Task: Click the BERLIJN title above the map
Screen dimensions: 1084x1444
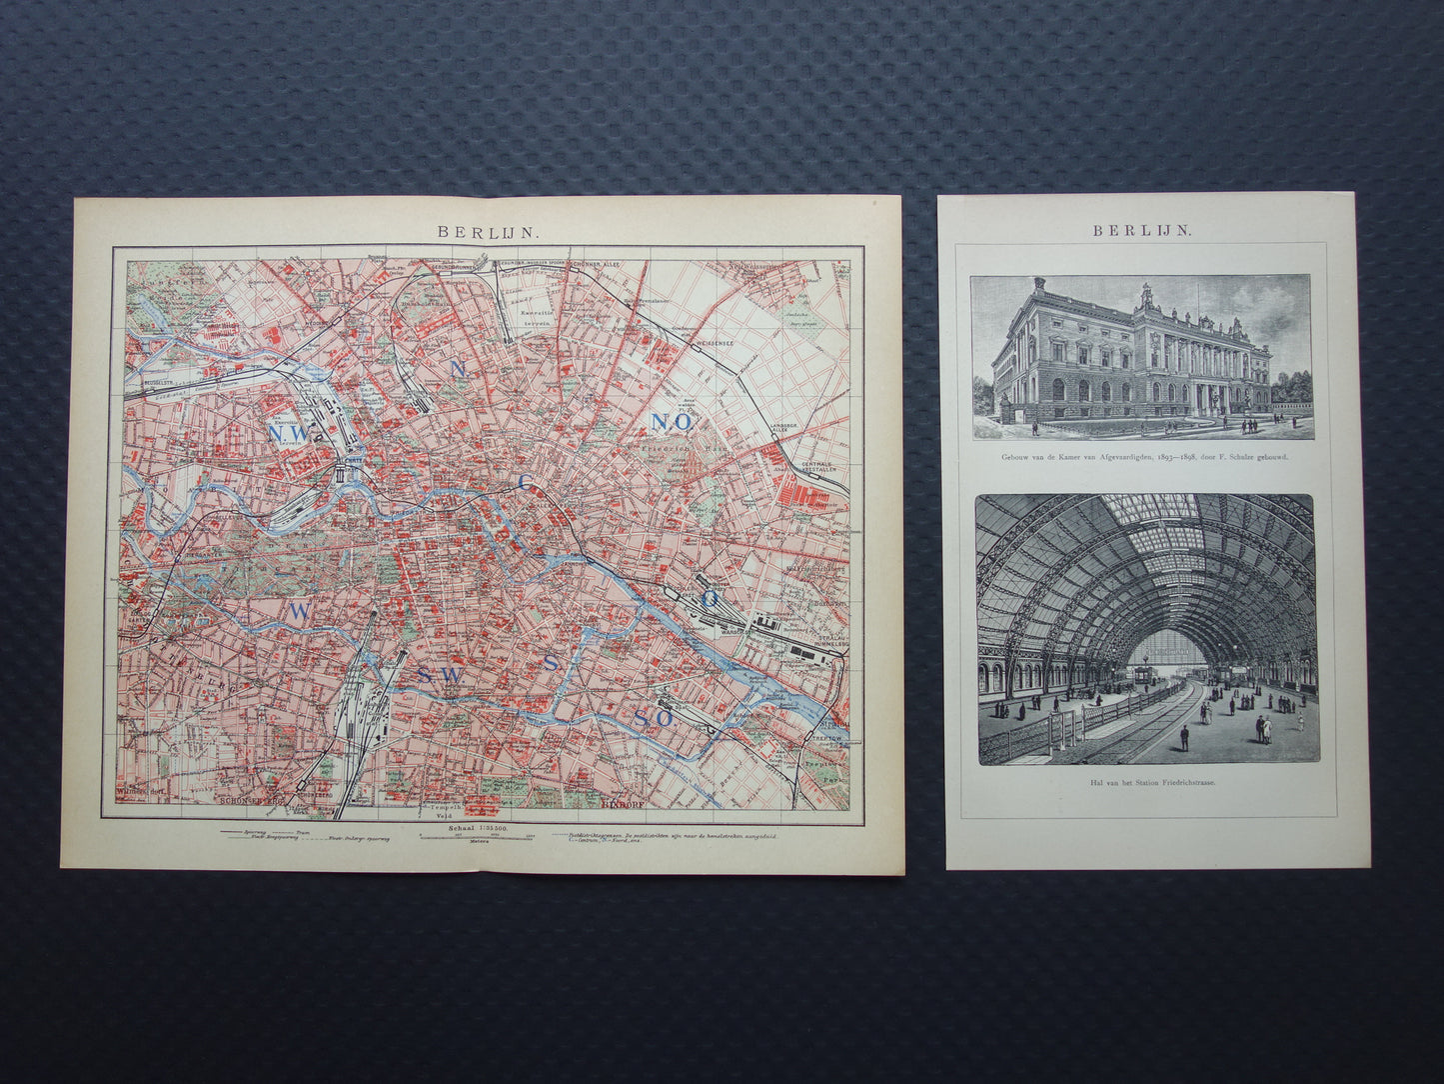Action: pos(488,230)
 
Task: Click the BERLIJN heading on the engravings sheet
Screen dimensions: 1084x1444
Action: pos(1141,229)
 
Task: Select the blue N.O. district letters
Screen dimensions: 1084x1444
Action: pos(673,422)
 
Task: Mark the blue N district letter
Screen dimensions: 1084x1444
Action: pos(459,368)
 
